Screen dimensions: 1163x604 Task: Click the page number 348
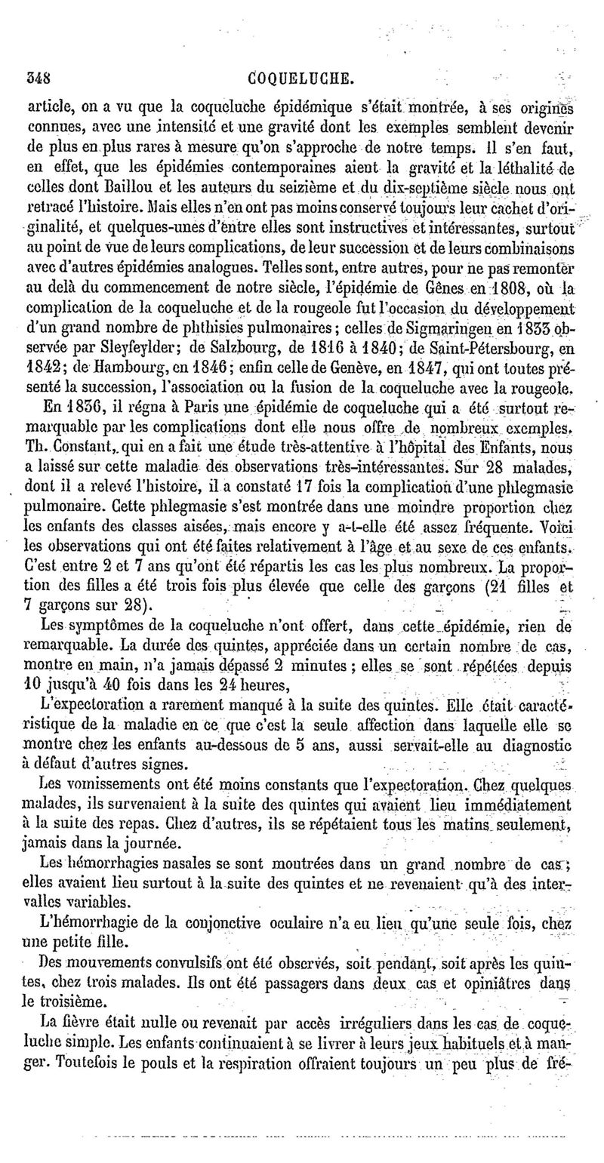coord(39,78)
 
